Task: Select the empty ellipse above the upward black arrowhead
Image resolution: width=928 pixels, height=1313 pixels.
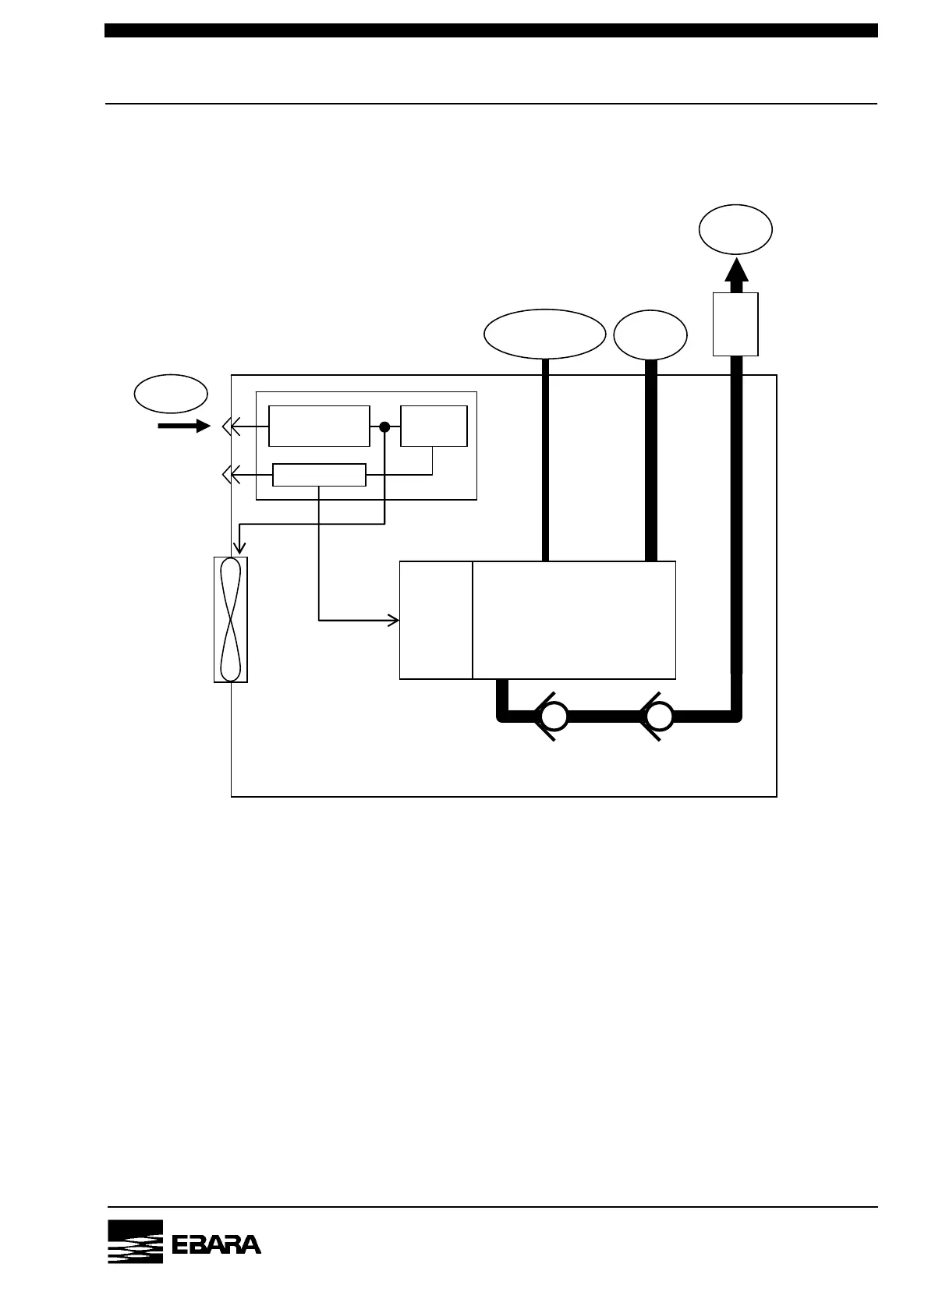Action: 735,229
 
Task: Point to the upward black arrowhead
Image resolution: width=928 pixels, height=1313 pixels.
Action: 735,270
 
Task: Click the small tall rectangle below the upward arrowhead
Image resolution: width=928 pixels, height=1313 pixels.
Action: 735,324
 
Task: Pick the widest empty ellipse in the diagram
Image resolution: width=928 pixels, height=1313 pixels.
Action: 544,334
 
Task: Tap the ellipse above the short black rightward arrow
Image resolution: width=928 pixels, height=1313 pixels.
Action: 171,394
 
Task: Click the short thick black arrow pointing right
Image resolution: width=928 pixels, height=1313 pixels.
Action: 184,426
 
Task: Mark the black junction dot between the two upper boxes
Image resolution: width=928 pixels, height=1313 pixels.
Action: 384,426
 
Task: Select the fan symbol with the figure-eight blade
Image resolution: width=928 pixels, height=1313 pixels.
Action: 230,620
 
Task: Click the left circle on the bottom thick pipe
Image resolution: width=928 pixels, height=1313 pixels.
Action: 554,717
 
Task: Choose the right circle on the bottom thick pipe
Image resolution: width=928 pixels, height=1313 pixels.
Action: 659,717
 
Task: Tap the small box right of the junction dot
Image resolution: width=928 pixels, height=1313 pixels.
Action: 434,426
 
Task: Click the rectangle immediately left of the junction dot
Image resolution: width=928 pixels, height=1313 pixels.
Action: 319,426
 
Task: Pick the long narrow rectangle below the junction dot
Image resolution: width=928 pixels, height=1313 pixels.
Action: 319,474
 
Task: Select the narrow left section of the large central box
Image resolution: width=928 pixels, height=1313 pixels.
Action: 435,620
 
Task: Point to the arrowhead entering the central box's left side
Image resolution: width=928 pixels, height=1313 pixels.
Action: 395,621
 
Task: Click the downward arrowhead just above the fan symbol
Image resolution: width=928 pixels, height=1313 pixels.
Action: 240,549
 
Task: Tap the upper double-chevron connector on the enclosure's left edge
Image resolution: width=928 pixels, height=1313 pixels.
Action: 228,426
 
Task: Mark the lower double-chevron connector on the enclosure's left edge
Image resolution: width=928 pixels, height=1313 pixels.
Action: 228,474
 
